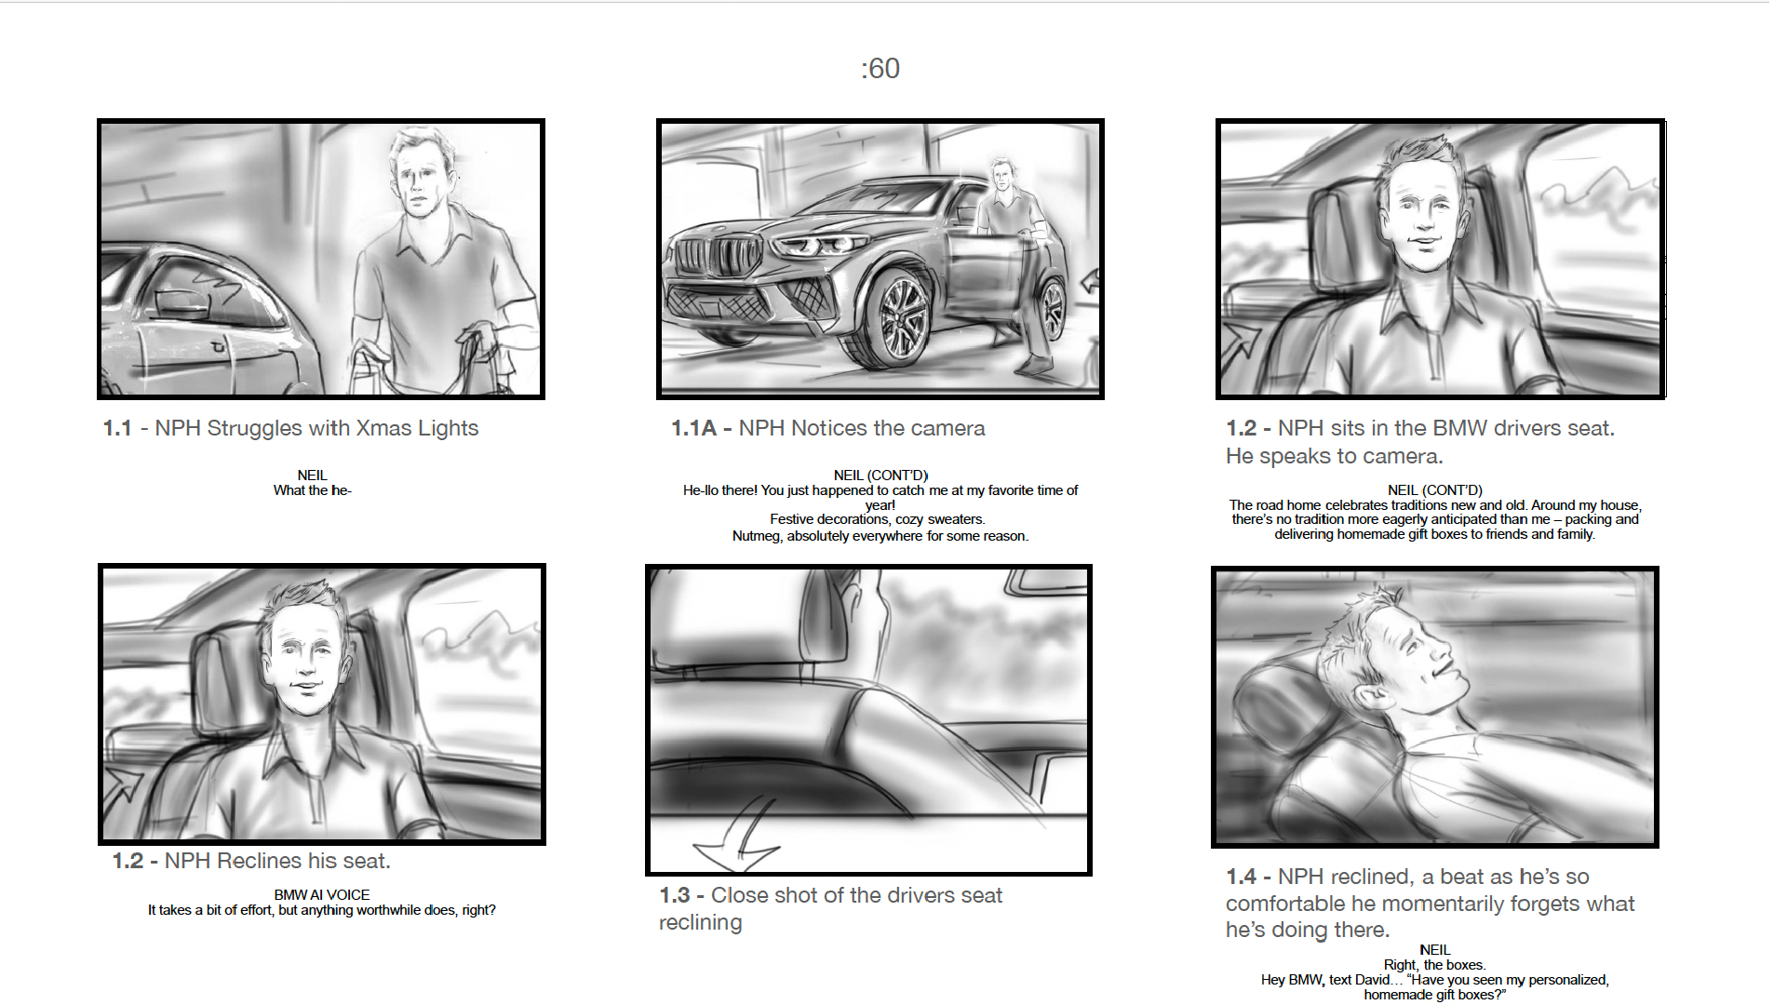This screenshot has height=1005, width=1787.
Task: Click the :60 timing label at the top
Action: click(880, 68)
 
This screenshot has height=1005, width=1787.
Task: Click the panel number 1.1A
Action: click(693, 428)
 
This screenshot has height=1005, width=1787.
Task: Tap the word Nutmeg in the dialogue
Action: click(757, 536)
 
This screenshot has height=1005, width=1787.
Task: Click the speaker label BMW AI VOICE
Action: click(322, 895)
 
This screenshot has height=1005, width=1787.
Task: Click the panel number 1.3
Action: click(675, 895)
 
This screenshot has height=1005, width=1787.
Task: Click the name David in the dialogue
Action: click(1373, 980)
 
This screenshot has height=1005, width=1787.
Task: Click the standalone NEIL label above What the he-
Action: click(313, 476)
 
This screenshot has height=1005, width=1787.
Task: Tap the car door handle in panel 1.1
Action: click(220, 347)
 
